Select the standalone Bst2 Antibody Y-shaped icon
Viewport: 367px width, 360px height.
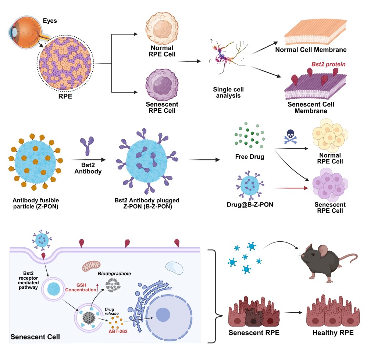click(88, 144)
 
